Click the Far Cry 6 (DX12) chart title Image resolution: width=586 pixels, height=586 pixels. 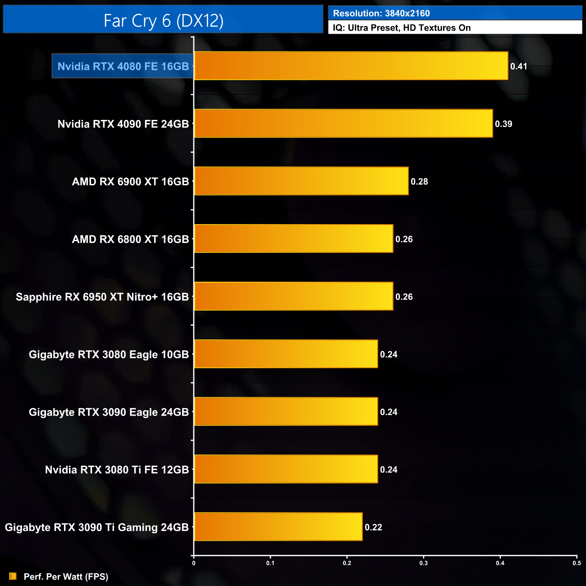click(163, 21)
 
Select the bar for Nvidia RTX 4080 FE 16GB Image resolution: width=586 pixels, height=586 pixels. click(351, 66)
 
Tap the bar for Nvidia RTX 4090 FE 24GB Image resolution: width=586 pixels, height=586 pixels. click(343, 123)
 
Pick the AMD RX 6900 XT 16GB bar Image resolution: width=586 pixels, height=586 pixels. click(301, 181)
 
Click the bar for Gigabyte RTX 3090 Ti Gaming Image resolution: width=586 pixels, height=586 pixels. click(278, 526)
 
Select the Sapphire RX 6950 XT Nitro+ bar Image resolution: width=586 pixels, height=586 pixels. click(293, 296)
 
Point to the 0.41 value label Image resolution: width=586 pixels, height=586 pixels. click(518, 66)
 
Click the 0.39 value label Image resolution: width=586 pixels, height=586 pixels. click(503, 124)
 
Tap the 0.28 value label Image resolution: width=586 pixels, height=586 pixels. click(419, 182)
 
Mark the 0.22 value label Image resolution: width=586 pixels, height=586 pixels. click(373, 527)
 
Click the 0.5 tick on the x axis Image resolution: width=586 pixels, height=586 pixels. click(577, 563)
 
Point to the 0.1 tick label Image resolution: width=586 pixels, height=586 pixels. click(270, 563)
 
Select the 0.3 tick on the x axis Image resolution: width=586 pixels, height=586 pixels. click(423, 563)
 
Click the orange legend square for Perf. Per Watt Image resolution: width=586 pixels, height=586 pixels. click(13, 576)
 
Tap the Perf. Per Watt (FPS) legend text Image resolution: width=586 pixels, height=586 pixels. click(66, 577)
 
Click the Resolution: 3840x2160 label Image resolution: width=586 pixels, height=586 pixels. click(381, 14)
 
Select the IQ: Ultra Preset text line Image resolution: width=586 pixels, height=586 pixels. click(402, 28)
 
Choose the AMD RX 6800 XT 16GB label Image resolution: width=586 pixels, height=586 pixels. click(130, 239)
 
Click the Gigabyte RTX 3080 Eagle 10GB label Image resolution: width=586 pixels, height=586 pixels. click(109, 355)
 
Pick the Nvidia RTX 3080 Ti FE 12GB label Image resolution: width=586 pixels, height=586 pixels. click(117, 470)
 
